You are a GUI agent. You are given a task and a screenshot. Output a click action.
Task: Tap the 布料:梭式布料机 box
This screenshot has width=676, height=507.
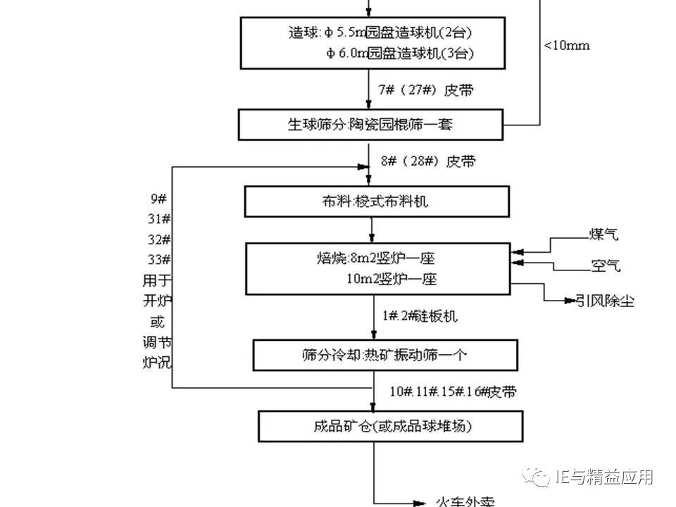[376, 202]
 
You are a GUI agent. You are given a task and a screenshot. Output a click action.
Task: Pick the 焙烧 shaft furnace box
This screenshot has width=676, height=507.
[378, 268]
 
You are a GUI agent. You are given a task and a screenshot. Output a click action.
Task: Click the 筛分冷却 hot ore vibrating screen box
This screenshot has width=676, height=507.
[384, 355]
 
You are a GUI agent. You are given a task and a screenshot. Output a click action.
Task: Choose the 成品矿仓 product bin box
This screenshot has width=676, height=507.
[391, 426]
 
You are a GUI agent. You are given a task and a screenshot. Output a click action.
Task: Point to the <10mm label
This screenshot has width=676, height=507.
[567, 46]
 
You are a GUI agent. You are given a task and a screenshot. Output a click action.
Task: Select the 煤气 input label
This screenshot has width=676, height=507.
[604, 234]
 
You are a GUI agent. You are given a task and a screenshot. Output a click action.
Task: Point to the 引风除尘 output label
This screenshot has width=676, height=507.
[606, 301]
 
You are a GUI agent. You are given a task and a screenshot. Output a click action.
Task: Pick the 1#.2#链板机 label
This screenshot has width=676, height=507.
[420, 316]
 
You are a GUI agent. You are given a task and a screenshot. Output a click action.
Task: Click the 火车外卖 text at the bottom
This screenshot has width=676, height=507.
[462, 501]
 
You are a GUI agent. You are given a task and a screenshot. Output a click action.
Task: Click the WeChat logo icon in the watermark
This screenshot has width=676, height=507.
[539, 477]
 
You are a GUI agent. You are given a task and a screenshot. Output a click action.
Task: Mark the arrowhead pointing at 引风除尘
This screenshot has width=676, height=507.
[570, 301]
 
